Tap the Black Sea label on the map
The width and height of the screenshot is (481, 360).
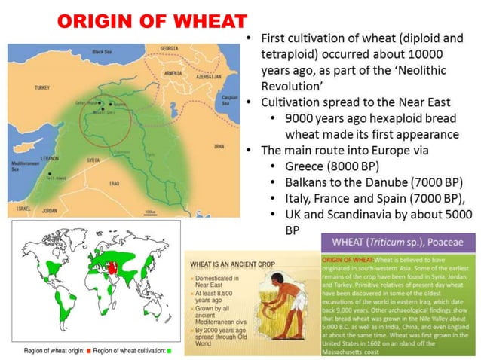102,52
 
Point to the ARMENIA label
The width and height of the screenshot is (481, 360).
173,73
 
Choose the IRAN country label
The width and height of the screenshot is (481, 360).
219,146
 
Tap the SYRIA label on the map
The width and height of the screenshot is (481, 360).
93,160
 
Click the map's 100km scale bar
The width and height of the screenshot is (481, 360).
150,211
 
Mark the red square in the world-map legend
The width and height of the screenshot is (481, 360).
87,352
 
